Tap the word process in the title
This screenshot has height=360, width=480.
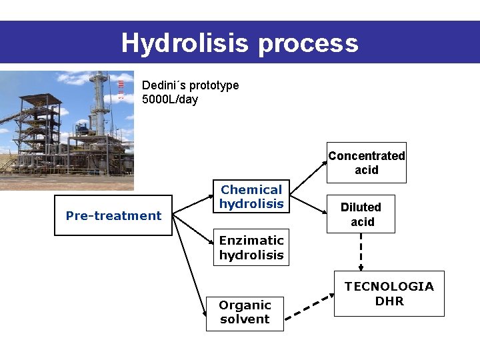click(308, 44)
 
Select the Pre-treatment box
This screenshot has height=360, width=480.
click(113, 215)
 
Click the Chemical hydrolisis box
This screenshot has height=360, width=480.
click(251, 197)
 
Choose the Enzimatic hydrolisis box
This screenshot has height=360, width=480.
click(251, 247)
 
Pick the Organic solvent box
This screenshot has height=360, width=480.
click(245, 312)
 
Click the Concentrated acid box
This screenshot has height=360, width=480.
click(366, 163)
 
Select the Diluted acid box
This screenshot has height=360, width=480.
click(361, 214)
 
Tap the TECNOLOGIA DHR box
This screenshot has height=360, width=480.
click(389, 293)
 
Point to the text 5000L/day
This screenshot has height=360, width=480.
click(170, 100)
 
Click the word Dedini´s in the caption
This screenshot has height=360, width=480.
click(164, 85)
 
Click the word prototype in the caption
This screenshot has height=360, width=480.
click(214, 86)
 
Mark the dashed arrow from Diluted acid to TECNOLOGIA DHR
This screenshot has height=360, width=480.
click(361, 251)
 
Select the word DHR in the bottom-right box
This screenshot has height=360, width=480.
click(389, 301)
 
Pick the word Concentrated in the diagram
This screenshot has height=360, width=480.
click(366, 156)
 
